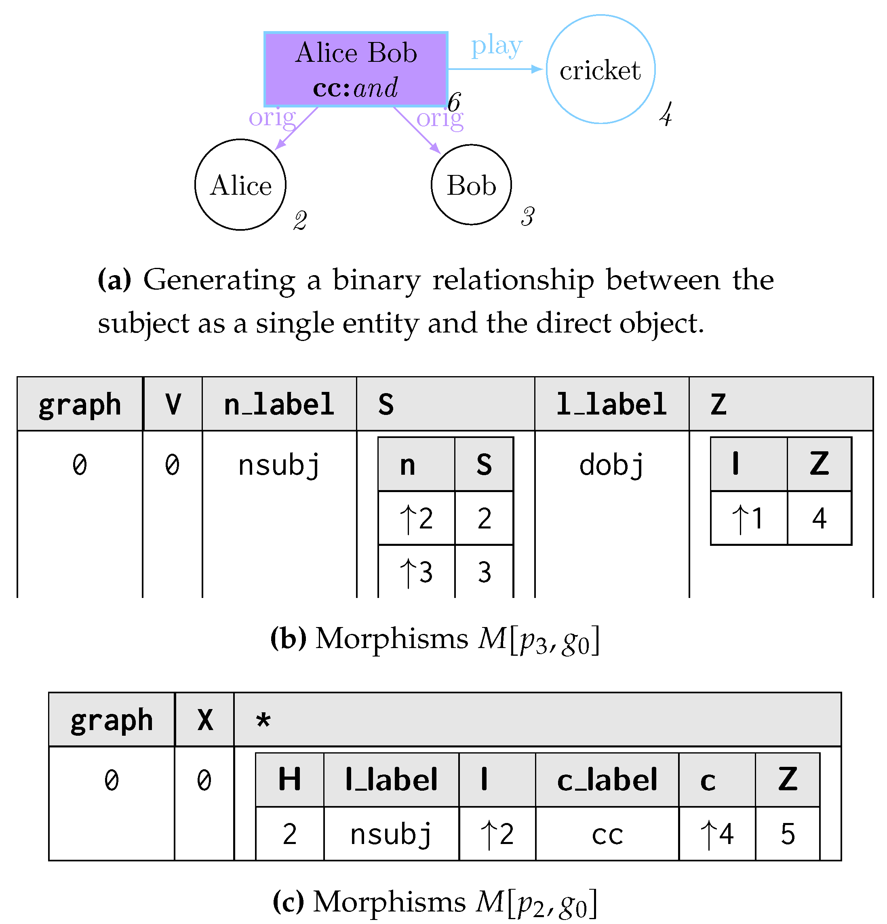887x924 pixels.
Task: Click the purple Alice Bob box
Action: [x=356, y=69]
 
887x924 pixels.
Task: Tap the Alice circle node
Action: [x=240, y=185]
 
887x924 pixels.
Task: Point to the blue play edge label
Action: [x=497, y=46]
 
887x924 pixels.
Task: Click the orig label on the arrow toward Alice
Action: [x=272, y=118]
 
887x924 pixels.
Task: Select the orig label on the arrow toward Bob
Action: [x=440, y=118]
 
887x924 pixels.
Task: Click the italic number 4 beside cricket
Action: [x=666, y=115]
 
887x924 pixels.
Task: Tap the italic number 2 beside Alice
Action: [x=300, y=221]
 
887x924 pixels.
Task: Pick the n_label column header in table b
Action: [x=279, y=404]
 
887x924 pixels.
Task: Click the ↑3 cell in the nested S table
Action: [x=416, y=572]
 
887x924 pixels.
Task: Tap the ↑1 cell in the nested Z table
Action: [x=748, y=518]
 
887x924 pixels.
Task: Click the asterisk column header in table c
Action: [x=263, y=720]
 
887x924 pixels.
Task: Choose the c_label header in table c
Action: [x=607, y=780]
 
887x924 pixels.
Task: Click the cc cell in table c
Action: [x=607, y=834]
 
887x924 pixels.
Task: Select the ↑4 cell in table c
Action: [x=717, y=834]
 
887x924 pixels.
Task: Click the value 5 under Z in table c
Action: [x=787, y=834]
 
